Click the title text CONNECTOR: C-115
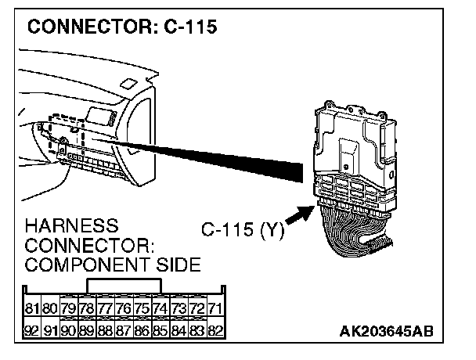(x=121, y=29)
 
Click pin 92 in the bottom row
(x=33, y=330)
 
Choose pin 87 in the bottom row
(x=124, y=330)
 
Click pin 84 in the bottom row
(x=179, y=330)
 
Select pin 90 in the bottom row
(x=70, y=330)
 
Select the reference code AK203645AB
(x=386, y=332)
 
